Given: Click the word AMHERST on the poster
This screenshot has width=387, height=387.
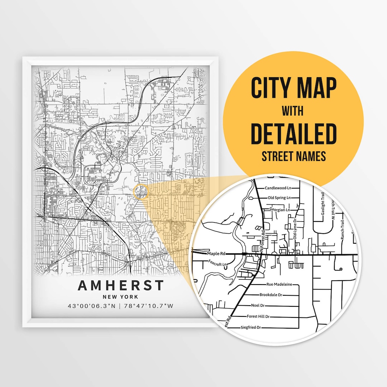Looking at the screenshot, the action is [x=121, y=286].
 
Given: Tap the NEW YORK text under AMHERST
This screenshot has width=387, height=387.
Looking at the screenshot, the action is [x=121, y=297].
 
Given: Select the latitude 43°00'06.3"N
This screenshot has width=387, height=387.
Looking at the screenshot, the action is [x=92, y=306].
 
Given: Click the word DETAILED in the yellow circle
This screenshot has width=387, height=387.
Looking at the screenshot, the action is [x=293, y=133].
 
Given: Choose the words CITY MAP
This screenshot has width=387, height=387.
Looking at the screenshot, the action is [x=293, y=88].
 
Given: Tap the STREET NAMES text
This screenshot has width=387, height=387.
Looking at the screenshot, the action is [x=293, y=156].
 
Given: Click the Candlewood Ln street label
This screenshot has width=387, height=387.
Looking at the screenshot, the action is [x=277, y=188].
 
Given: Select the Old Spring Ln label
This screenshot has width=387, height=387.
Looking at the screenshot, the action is [x=279, y=198].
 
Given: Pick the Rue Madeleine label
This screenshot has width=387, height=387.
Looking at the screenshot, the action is [x=279, y=284].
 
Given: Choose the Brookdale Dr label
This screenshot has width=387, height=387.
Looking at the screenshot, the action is [x=271, y=295].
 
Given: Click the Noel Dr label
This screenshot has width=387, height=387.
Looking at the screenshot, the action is [x=258, y=306].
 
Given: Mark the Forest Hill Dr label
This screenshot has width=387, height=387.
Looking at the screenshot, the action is [x=258, y=316].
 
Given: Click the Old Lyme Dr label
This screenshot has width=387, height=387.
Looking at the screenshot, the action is [x=295, y=230].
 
